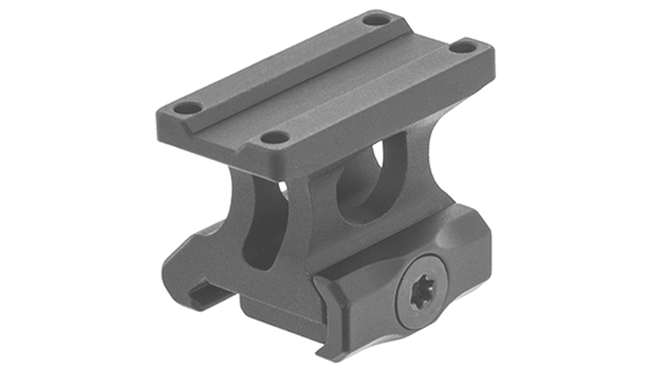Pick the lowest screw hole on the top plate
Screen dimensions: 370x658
coord(275,137)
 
